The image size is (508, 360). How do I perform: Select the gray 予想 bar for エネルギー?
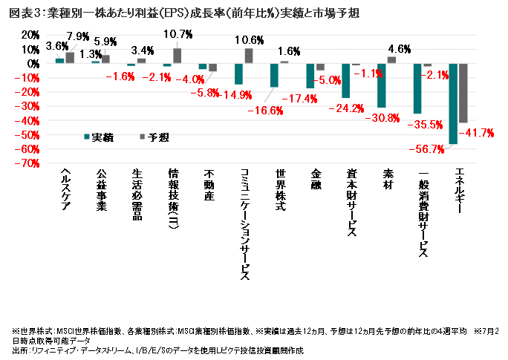(463, 93)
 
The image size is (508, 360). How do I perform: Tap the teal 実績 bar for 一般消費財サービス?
(417, 88)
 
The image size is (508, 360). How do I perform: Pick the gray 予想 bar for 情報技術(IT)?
(177, 56)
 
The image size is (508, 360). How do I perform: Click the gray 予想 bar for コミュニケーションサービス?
(249, 56)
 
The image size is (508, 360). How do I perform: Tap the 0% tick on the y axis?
(31, 64)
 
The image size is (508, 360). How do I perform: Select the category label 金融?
(315, 182)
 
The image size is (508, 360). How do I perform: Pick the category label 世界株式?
(279, 192)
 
